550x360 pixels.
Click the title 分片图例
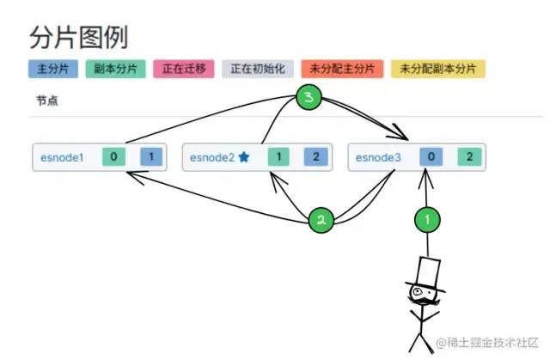pyautogui.click(x=78, y=37)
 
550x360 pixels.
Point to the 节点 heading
pyautogui.click(x=47, y=101)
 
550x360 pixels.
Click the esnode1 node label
pyautogui.click(x=61, y=157)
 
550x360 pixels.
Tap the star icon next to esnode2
pyautogui.click(x=244, y=157)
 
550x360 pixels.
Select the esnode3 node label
pyautogui.click(x=378, y=157)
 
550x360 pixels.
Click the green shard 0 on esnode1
pyautogui.click(x=114, y=156)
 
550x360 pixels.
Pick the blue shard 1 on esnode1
pyautogui.click(x=151, y=156)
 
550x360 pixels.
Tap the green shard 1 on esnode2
pyautogui.click(x=279, y=156)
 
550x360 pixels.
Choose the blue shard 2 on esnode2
pyautogui.click(x=316, y=156)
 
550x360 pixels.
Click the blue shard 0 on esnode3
pyautogui.click(x=431, y=156)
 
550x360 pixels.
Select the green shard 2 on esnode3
pyautogui.click(x=469, y=156)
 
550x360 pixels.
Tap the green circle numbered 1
pyautogui.click(x=427, y=219)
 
